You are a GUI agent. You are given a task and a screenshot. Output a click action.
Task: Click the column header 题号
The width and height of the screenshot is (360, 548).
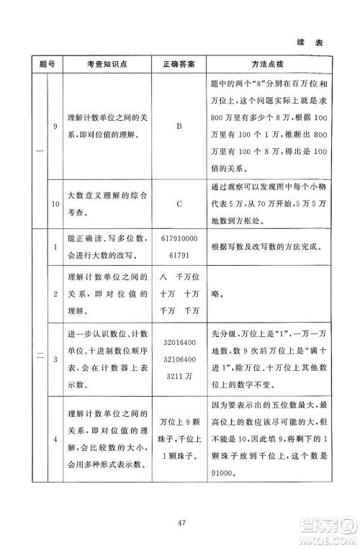click(x=42, y=63)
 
